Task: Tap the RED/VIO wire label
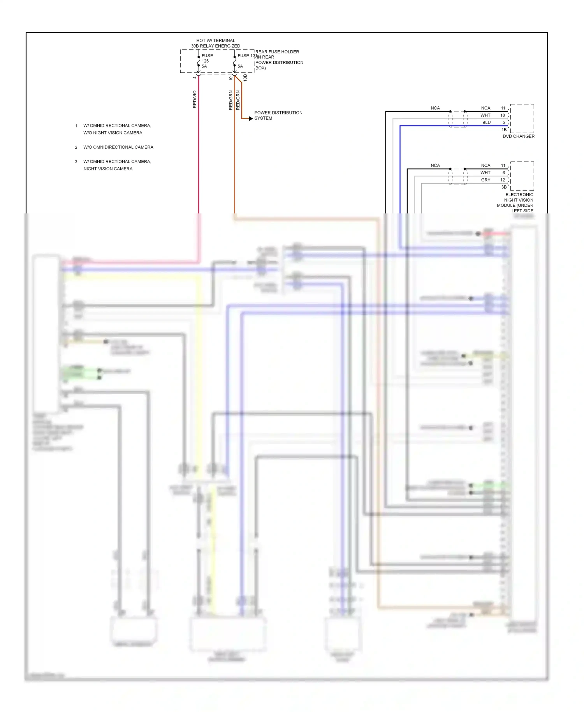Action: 195,99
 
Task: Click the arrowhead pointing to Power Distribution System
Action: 251,118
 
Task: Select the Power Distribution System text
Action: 278,115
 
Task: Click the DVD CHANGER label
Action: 518,136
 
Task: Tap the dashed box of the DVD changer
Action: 522,118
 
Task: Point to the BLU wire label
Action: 486,122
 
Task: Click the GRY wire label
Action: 485,180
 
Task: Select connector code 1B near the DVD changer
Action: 504,130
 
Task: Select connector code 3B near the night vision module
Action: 504,187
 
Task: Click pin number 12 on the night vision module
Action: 503,180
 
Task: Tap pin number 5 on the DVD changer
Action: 503,122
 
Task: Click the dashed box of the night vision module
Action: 522,176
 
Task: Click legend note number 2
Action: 76,147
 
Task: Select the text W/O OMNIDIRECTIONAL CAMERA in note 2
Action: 118,147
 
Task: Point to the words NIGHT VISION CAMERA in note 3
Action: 108,169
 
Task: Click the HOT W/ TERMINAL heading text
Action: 215,41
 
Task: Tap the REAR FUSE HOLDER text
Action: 277,52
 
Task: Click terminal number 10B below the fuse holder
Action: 245,78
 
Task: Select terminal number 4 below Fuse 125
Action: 195,78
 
